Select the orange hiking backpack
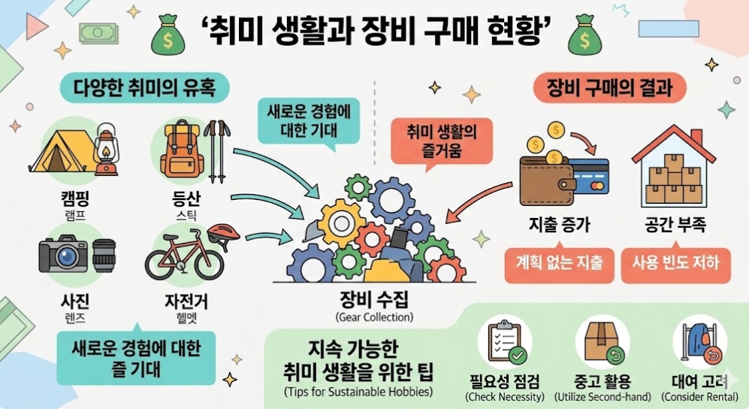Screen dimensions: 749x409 pos(179,151)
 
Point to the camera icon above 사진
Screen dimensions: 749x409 pos(68,255)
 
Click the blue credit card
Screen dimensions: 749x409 pos(590,177)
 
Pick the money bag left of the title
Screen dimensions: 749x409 pos(168,34)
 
